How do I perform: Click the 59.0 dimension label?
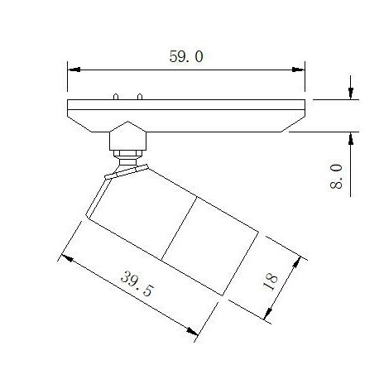[186, 56]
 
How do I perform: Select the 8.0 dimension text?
[336, 176]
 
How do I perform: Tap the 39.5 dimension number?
[137, 284]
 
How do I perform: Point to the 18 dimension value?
[271, 281]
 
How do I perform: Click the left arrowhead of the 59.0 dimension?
[74, 70]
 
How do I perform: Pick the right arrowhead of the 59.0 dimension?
[299, 70]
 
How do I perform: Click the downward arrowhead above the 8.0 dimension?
[351, 94]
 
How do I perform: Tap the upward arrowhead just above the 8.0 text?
[351, 138]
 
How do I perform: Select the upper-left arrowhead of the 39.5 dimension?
[67, 258]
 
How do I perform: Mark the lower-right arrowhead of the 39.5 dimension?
[192, 331]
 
